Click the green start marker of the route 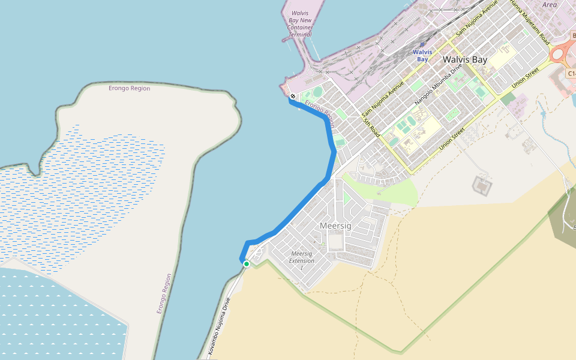click(x=246, y=263)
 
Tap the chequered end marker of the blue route click(x=292, y=96)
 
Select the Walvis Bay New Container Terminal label click(x=301, y=23)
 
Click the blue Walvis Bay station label click(x=422, y=56)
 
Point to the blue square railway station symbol click(x=422, y=44)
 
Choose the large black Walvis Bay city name click(x=465, y=60)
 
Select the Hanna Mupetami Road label click(x=530, y=22)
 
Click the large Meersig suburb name click(x=335, y=226)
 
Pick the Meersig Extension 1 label click(x=301, y=260)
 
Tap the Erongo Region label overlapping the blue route click(x=319, y=111)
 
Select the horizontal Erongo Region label click(x=129, y=88)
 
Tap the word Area click(x=549, y=4)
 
